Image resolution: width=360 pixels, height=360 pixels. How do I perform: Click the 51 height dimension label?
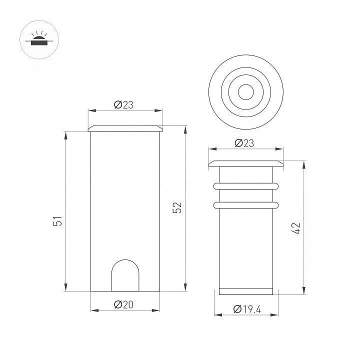click(x=57, y=221)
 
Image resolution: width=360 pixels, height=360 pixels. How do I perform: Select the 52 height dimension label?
click(x=177, y=207)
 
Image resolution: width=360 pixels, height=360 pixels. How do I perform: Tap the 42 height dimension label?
click(x=295, y=228)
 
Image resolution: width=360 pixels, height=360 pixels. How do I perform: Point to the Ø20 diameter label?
click(x=123, y=304)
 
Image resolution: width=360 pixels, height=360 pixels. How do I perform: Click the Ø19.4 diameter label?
click(x=247, y=309)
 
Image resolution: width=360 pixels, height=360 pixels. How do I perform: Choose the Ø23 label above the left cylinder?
click(x=123, y=105)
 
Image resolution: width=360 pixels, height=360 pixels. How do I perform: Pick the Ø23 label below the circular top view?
click(x=244, y=143)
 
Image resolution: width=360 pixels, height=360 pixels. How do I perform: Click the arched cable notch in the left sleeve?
click(x=125, y=260)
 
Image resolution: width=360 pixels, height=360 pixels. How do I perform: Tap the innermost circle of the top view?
click(x=246, y=84)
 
